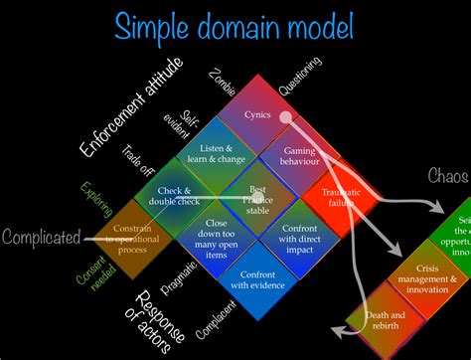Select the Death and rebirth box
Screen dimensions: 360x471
click(x=367, y=320)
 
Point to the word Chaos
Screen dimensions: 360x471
click(x=447, y=176)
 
